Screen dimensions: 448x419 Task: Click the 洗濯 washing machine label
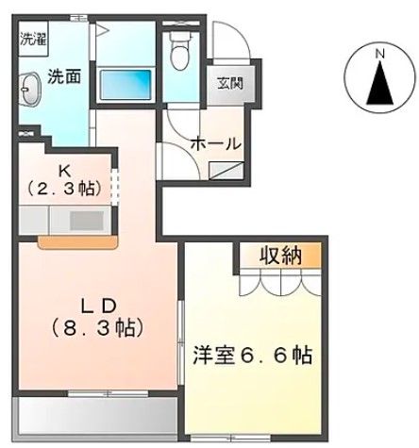click(32, 40)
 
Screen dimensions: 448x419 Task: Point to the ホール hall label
click(216, 143)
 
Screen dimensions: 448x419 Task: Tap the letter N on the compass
click(379, 55)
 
